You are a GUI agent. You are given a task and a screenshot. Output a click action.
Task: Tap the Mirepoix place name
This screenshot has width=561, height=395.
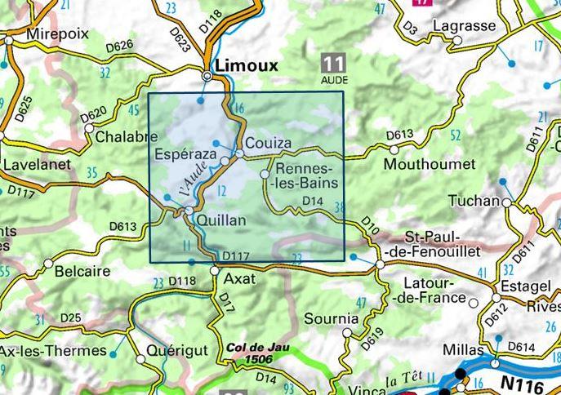point(56,35)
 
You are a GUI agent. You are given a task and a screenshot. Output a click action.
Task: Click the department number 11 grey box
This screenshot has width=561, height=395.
point(332,63)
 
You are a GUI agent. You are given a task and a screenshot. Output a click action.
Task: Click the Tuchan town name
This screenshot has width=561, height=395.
point(473,202)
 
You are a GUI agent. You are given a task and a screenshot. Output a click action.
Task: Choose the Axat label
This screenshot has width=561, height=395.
point(239,279)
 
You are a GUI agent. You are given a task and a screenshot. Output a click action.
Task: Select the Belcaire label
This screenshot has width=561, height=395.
point(81,271)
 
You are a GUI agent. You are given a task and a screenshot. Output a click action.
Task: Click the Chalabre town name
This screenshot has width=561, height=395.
point(127,137)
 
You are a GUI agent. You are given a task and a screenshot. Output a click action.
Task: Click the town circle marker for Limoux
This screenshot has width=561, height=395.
point(208,76)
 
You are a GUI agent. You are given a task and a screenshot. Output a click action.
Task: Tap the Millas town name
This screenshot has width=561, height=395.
point(463,349)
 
